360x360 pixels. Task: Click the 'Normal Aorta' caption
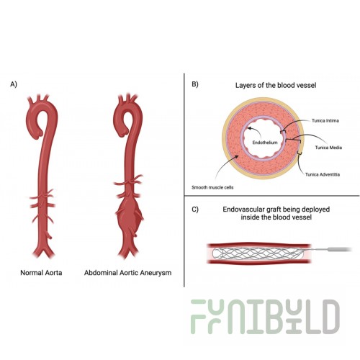41,273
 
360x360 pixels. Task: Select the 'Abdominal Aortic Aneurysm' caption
127,273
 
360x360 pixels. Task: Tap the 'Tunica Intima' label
325,120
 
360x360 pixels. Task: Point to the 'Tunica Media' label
328,148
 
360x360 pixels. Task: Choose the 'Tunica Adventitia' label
323,174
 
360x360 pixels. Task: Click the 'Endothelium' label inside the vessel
265,143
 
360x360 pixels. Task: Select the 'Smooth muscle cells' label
212,187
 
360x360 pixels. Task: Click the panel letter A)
14,84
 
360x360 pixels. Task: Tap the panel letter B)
195,84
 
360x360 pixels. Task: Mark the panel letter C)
195,210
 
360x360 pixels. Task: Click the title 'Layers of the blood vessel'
276,85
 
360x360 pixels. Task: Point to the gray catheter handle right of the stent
338,250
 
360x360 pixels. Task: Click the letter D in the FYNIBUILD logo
330,317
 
